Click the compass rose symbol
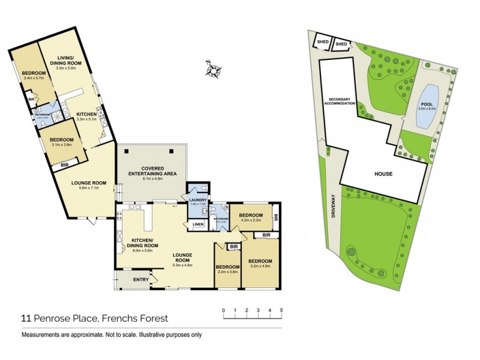tap(212, 70)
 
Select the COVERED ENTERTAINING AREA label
tap(151, 170)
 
